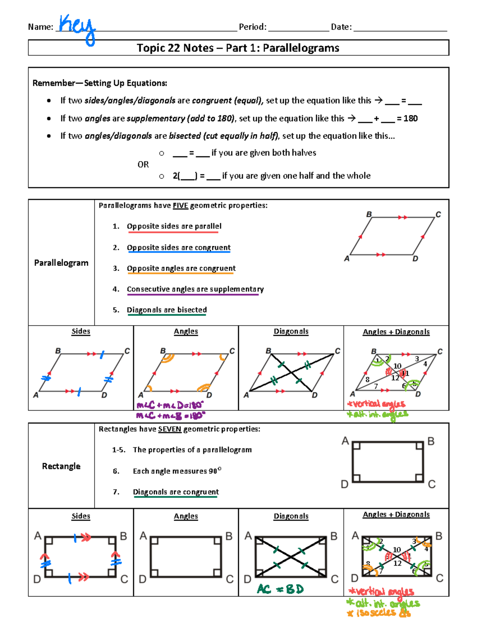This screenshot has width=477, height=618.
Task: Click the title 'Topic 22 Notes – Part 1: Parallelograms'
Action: (x=238, y=48)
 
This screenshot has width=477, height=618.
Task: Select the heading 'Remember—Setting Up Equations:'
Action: (x=100, y=83)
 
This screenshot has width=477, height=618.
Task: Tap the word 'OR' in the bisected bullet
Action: (x=143, y=165)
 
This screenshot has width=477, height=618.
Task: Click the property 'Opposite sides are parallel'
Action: (x=174, y=226)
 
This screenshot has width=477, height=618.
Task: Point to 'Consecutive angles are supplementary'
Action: (x=195, y=289)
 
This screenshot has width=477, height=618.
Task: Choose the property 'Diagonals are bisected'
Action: (x=167, y=310)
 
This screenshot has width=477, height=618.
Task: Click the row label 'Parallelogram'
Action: (x=61, y=263)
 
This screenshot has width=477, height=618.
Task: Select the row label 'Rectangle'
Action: (x=61, y=466)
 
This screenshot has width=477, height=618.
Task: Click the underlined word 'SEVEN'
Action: (x=169, y=429)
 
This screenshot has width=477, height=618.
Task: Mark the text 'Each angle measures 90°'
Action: (x=177, y=471)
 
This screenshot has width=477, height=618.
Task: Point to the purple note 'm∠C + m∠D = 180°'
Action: (x=170, y=406)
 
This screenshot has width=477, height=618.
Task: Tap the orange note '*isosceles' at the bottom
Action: (x=378, y=613)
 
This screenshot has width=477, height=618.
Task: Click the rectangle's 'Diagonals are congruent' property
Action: (x=176, y=492)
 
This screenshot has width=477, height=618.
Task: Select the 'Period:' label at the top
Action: (x=252, y=27)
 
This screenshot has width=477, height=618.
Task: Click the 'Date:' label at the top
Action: (x=341, y=27)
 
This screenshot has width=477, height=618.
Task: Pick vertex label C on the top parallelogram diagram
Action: (x=438, y=214)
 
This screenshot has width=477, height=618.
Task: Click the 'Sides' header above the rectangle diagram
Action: (x=81, y=516)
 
